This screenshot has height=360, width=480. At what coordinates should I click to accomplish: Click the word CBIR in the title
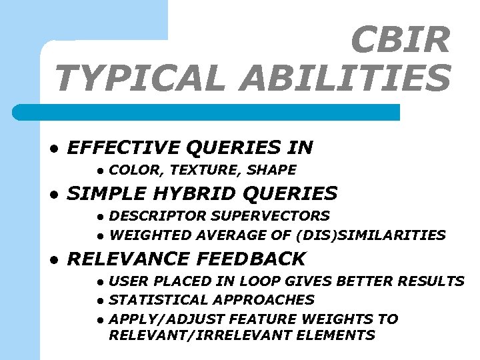pos(400,40)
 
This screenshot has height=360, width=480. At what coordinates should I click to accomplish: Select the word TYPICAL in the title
pos(143,78)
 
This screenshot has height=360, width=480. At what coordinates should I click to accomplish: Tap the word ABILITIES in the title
pos(346,78)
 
